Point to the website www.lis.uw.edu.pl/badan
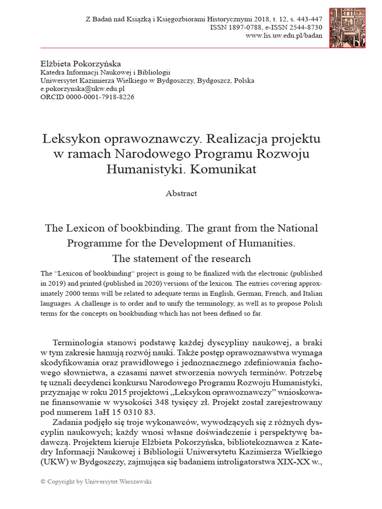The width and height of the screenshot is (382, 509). [283, 36]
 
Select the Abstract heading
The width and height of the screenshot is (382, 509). [181, 194]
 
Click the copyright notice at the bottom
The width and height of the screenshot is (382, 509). [95, 482]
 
